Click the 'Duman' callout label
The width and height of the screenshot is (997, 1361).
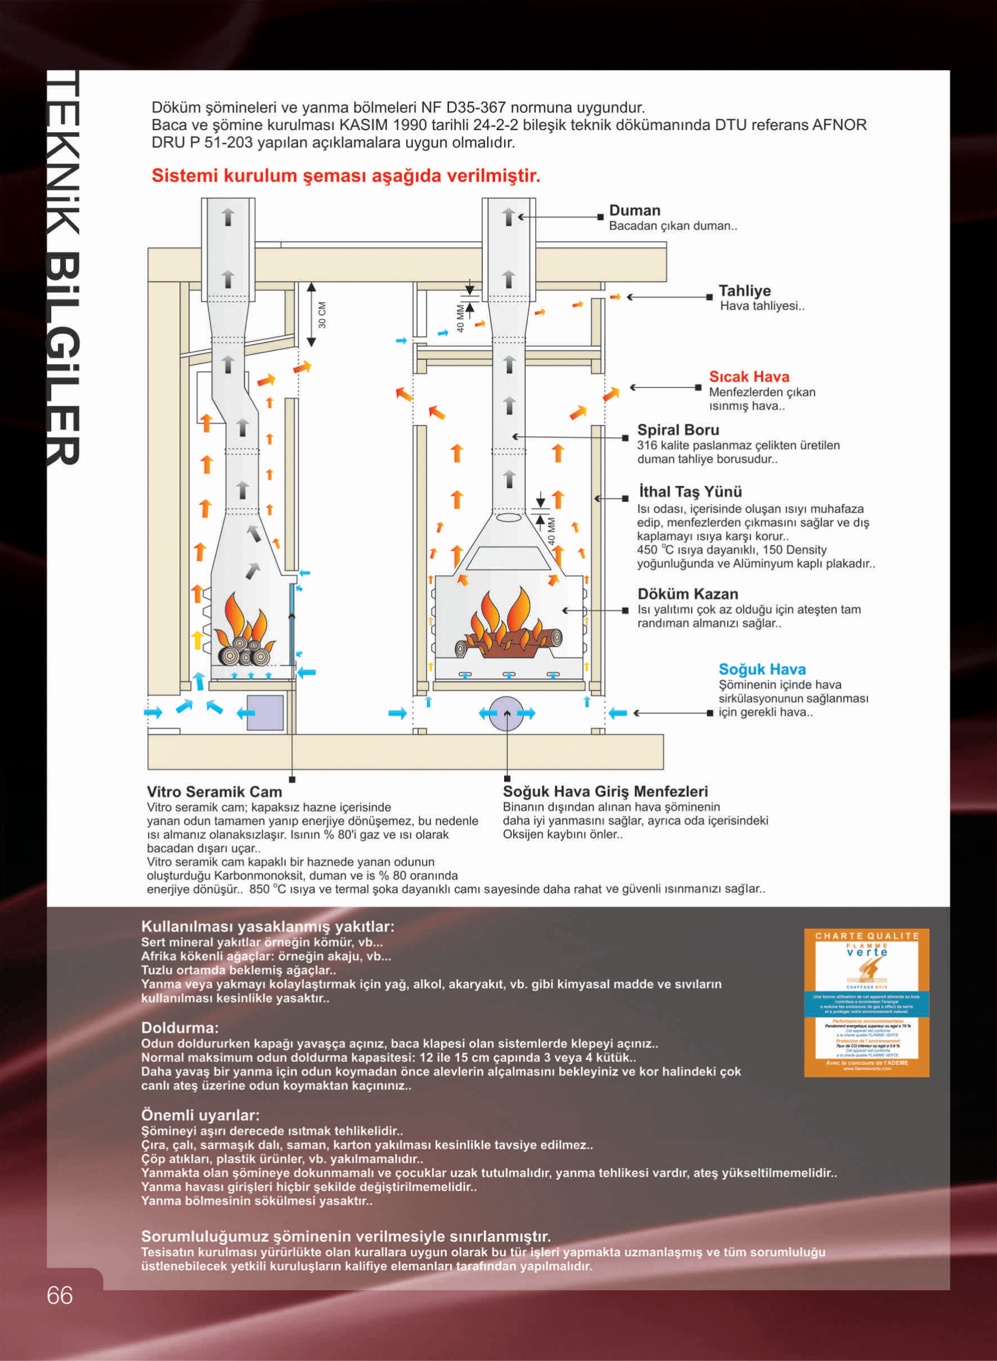click(634, 211)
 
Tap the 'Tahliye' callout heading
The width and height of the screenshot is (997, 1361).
click(744, 290)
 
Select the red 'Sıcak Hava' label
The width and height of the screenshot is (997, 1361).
click(748, 377)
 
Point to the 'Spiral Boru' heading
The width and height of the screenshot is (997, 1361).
click(678, 430)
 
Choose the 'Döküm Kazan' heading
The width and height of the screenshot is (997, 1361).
click(688, 594)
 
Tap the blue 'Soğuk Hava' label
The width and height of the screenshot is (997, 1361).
click(762, 669)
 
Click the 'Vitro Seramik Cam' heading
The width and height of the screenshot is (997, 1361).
click(214, 791)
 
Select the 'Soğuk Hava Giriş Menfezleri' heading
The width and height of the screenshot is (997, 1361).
click(605, 791)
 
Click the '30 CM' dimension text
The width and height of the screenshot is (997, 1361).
click(322, 315)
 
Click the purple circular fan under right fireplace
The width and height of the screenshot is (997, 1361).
click(506, 713)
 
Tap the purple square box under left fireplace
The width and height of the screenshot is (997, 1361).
click(266, 713)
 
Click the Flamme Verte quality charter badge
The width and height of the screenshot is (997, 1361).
click(866, 1002)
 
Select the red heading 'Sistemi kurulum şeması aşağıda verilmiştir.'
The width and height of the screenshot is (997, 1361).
click(345, 176)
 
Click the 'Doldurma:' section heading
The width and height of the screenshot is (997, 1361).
click(179, 1028)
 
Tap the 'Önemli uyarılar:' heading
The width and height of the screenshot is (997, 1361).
click(200, 1114)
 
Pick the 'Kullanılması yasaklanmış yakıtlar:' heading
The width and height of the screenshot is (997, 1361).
click(267, 926)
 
